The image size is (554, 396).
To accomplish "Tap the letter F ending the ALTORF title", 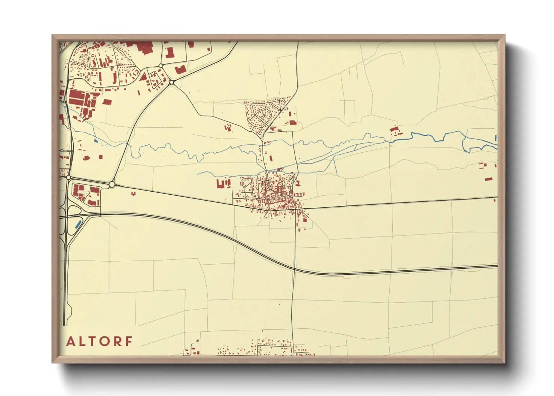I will (x=129, y=341).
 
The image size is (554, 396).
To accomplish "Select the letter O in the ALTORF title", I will (x=105, y=341).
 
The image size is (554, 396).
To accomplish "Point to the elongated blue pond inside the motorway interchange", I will (x=78, y=225).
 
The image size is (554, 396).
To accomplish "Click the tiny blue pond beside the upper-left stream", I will (x=96, y=141).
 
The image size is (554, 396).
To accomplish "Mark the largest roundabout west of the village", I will (x=112, y=184).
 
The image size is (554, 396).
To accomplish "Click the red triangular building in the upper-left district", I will (x=143, y=77).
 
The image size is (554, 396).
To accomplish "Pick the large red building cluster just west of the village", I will (x=223, y=184).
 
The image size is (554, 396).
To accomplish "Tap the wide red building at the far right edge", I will (x=488, y=179).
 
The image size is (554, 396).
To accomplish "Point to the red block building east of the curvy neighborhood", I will (x=292, y=122).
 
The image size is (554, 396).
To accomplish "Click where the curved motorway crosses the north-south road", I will (x=294, y=268).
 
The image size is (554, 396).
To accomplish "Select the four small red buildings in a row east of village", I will (x=299, y=194).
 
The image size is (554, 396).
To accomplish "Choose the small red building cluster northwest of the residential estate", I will (x=228, y=128).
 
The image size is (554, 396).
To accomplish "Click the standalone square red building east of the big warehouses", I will (x=107, y=101).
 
